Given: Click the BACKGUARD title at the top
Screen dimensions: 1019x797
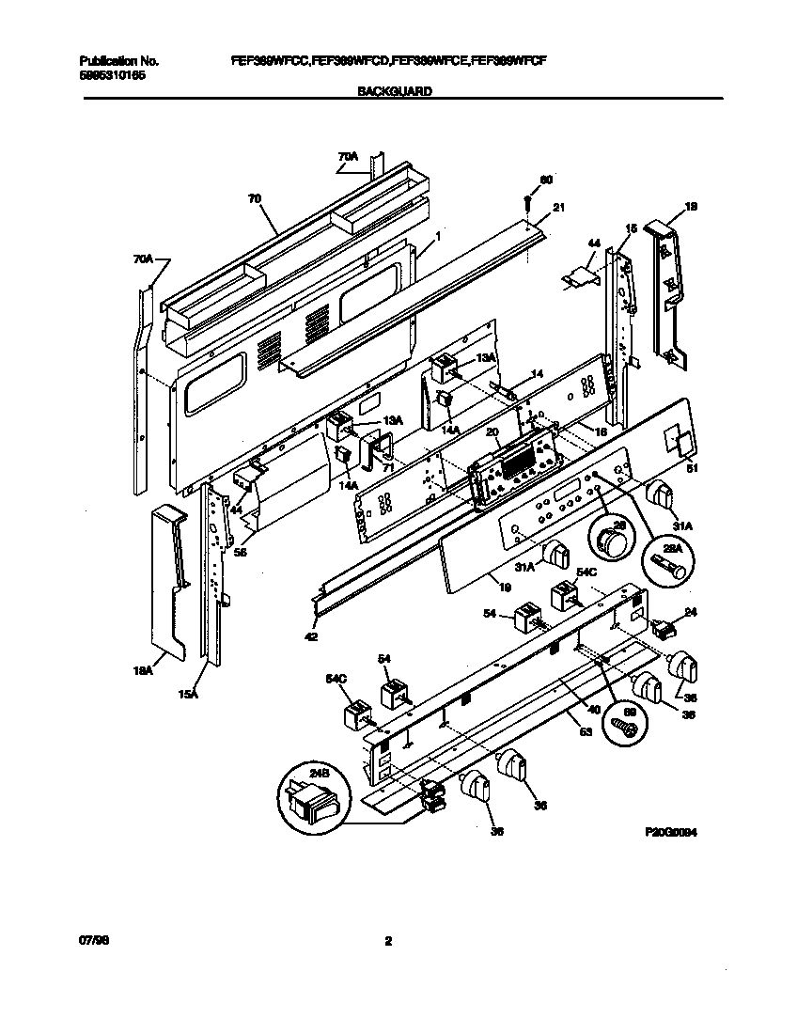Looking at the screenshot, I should (x=395, y=92).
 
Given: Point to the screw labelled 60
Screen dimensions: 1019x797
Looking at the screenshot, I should (x=529, y=200).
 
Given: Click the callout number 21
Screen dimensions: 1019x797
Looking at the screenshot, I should (x=558, y=208).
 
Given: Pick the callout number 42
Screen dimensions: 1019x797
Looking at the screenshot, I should (x=310, y=637).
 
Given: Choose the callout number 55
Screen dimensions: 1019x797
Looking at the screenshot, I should (x=240, y=554).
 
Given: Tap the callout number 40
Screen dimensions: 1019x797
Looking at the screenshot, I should (x=593, y=708).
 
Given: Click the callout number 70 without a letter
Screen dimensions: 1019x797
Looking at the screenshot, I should (x=254, y=198).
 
